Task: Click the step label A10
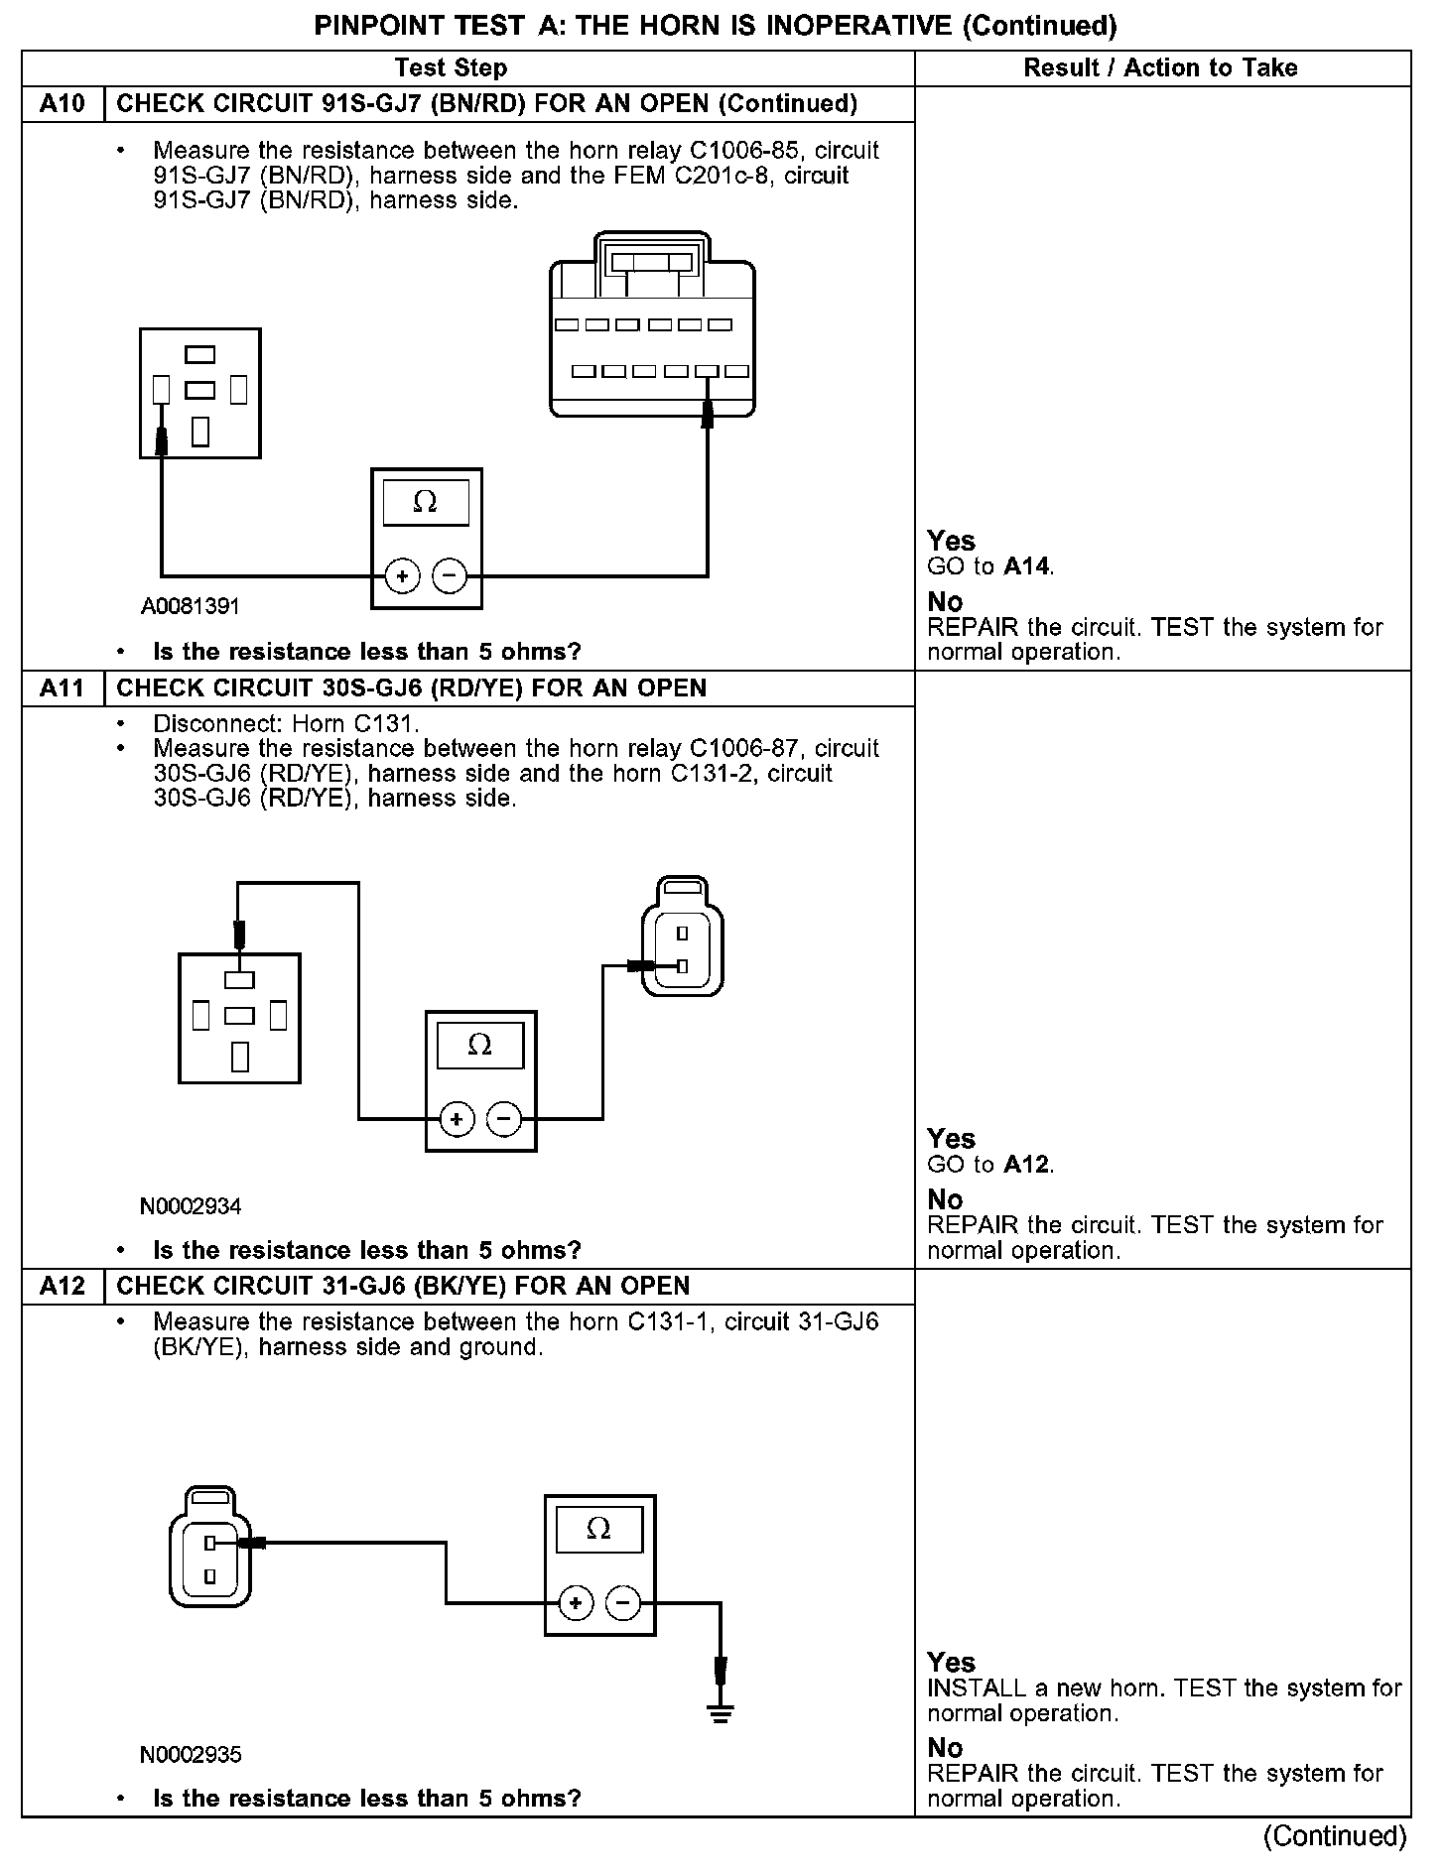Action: click(x=63, y=104)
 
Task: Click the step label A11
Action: click(x=63, y=688)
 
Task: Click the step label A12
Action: click(x=63, y=1287)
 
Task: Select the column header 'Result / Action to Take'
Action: click(x=1160, y=67)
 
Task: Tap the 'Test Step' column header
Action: click(x=451, y=67)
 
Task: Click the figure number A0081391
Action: click(x=191, y=606)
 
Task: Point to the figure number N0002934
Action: click(x=191, y=1206)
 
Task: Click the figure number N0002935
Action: click(x=191, y=1754)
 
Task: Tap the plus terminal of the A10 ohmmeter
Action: click(x=402, y=575)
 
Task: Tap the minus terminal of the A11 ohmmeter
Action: click(x=504, y=1119)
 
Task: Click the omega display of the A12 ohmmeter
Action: click(x=599, y=1529)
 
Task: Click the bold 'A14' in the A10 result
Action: click(x=1027, y=566)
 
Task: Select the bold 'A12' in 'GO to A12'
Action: click(x=1027, y=1164)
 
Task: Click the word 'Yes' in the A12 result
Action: click(x=951, y=1662)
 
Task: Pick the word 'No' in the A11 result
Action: click(x=945, y=1199)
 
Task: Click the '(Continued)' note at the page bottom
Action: click(x=1335, y=1835)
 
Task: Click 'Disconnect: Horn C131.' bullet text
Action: click(x=286, y=723)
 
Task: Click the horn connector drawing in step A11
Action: click(x=683, y=937)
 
